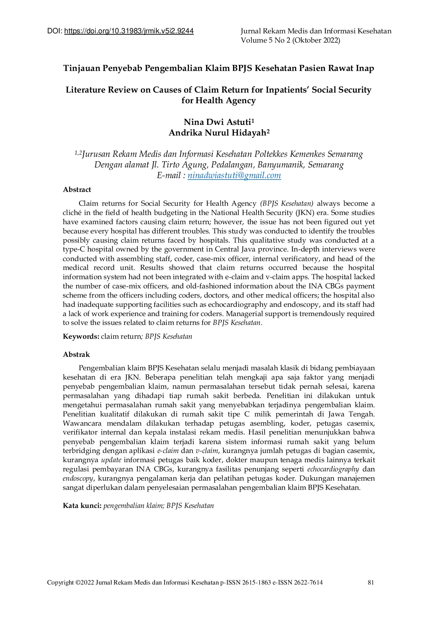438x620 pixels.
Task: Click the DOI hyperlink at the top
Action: (x=129, y=31)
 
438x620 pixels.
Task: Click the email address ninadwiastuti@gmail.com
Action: (x=234, y=175)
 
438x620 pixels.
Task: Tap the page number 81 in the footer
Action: (x=371, y=582)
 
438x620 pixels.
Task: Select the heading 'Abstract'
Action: (x=77, y=189)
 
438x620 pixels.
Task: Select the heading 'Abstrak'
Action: (x=76, y=354)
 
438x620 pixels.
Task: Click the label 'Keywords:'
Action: (x=81, y=336)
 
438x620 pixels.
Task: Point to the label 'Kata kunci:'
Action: (x=82, y=505)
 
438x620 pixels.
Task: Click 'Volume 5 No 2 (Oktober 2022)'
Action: (x=290, y=40)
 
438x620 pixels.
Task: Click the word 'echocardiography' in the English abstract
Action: (x=238, y=304)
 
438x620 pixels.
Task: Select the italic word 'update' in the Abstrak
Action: (x=111, y=460)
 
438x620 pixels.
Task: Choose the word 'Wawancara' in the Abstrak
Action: (x=82, y=423)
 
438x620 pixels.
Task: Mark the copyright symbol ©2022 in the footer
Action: (x=85, y=582)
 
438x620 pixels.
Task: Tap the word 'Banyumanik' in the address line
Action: (x=281, y=165)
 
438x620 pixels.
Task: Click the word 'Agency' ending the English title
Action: (x=241, y=100)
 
